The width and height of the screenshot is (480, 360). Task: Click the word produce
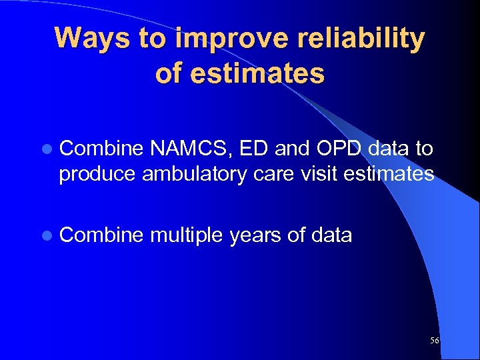point(99,175)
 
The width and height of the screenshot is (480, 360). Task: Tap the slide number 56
point(435,341)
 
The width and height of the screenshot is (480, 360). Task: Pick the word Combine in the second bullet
point(101,235)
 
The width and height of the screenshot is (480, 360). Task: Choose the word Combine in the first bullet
point(101,149)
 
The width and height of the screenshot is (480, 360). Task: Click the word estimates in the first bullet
point(398,174)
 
